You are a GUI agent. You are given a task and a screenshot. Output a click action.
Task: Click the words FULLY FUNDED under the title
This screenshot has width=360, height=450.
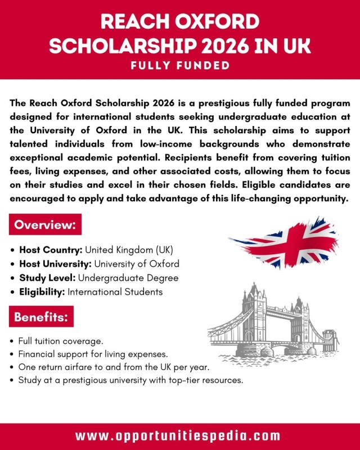coord(180,66)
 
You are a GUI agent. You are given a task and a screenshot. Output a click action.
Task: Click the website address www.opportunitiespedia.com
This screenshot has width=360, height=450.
coord(180,435)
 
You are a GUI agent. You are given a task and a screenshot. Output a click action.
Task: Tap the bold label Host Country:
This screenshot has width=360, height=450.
coord(51,250)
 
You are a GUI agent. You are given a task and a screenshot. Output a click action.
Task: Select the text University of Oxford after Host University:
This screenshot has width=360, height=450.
coord(137,264)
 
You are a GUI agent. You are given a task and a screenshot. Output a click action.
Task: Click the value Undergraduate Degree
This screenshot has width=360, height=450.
coord(128,278)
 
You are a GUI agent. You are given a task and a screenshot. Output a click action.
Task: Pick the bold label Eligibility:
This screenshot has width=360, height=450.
coord(43,292)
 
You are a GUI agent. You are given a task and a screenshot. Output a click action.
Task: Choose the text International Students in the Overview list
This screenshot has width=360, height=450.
coord(115,292)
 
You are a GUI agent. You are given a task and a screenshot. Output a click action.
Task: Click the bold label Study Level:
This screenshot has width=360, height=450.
coord(48,278)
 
